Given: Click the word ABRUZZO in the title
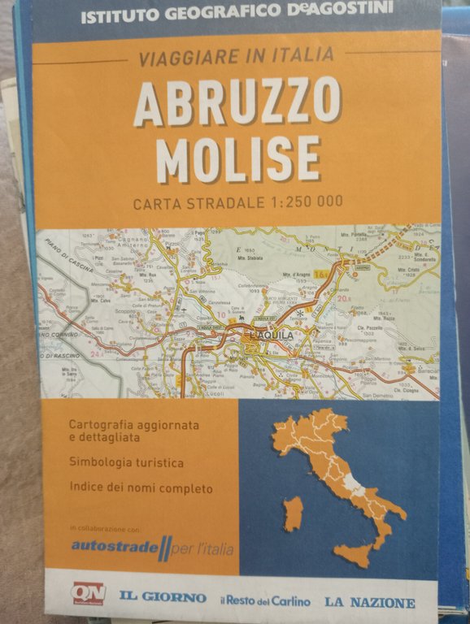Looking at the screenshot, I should click(236, 102).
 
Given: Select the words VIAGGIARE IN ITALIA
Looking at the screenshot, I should click(236, 56).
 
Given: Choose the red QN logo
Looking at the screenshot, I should click(88, 593).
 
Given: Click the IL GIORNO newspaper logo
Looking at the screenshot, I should click(163, 597).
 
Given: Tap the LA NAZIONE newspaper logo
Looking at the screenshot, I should click(369, 602).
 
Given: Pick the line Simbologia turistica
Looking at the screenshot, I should click(126, 463).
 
